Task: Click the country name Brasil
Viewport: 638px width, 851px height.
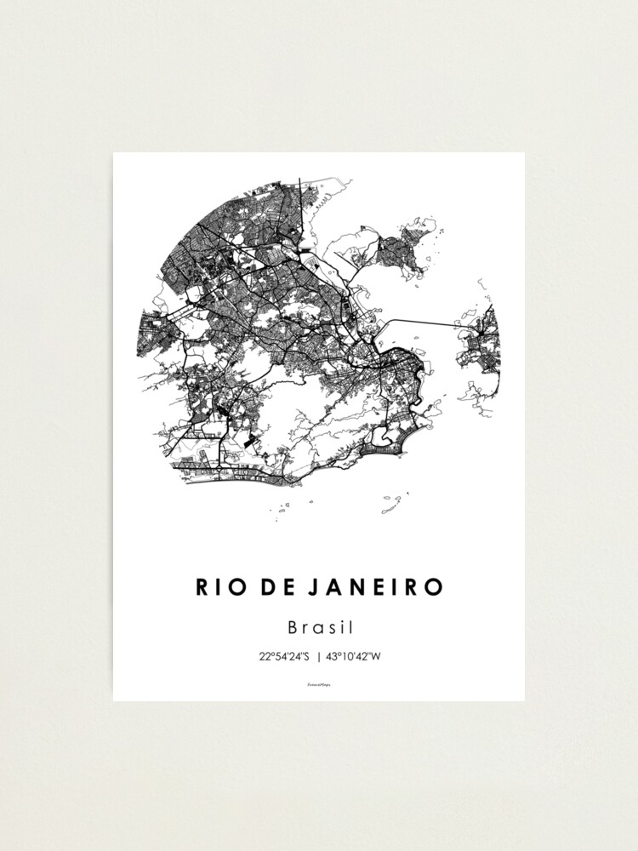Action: pos(320,628)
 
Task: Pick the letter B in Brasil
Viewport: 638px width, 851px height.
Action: pos(293,628)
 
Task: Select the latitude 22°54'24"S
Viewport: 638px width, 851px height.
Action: pos(285,656)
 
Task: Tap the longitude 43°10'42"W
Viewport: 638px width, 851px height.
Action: pos(356,656)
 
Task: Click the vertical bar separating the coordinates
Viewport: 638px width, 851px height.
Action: pos(319,656)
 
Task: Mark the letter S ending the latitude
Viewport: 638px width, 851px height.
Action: pos(306,656)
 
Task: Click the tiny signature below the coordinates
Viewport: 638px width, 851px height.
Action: pos(319,683)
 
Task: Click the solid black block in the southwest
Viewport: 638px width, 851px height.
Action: pos(248,442)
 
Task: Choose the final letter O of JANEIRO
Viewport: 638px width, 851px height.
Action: pos(435,587)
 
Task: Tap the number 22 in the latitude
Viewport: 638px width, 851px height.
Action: pos(265,656)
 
